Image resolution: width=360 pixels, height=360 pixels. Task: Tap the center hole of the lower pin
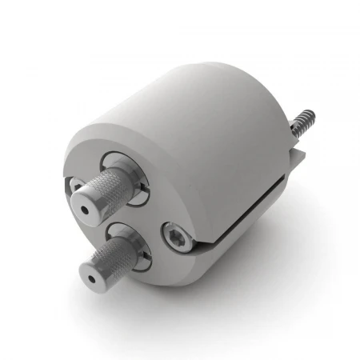(94, 281)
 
